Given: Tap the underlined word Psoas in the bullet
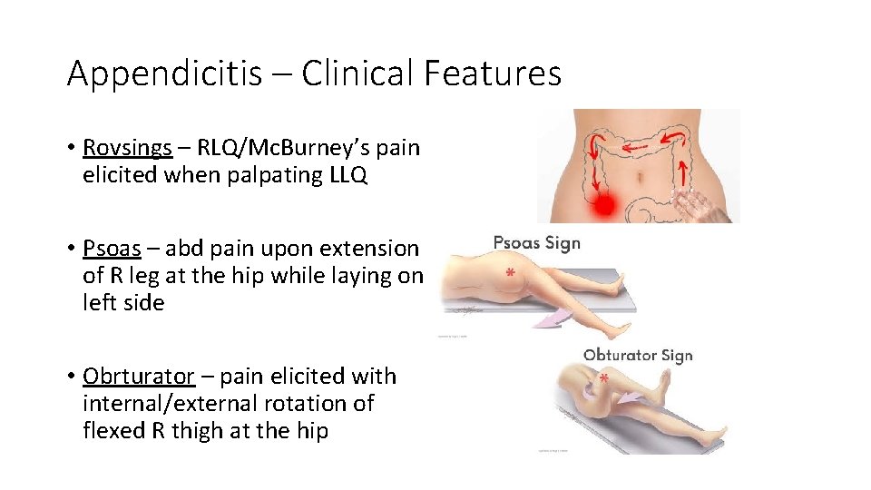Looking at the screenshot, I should coord(111,249).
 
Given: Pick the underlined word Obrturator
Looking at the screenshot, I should coord(138,376).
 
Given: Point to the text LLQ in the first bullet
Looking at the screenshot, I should coord(347,174).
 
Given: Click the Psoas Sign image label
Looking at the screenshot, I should coord(536,242).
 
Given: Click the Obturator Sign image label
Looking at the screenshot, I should coord(638,355).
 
